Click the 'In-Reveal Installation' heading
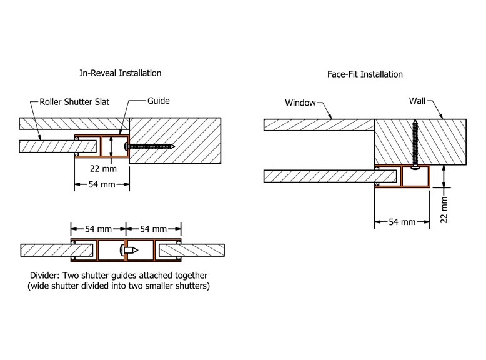pyautogui.click(x=121, y=73)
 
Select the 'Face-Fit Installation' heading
pyautogui.click(x=365, y=74)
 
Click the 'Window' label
pyautogui.click(x=301, y=102)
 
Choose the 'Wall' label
pyautogui.click(x=418, y=100)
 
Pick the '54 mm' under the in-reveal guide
pyautogui.click(x=102, y=185)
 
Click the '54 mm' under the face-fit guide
pyautogui.click(x=402, y=222)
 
